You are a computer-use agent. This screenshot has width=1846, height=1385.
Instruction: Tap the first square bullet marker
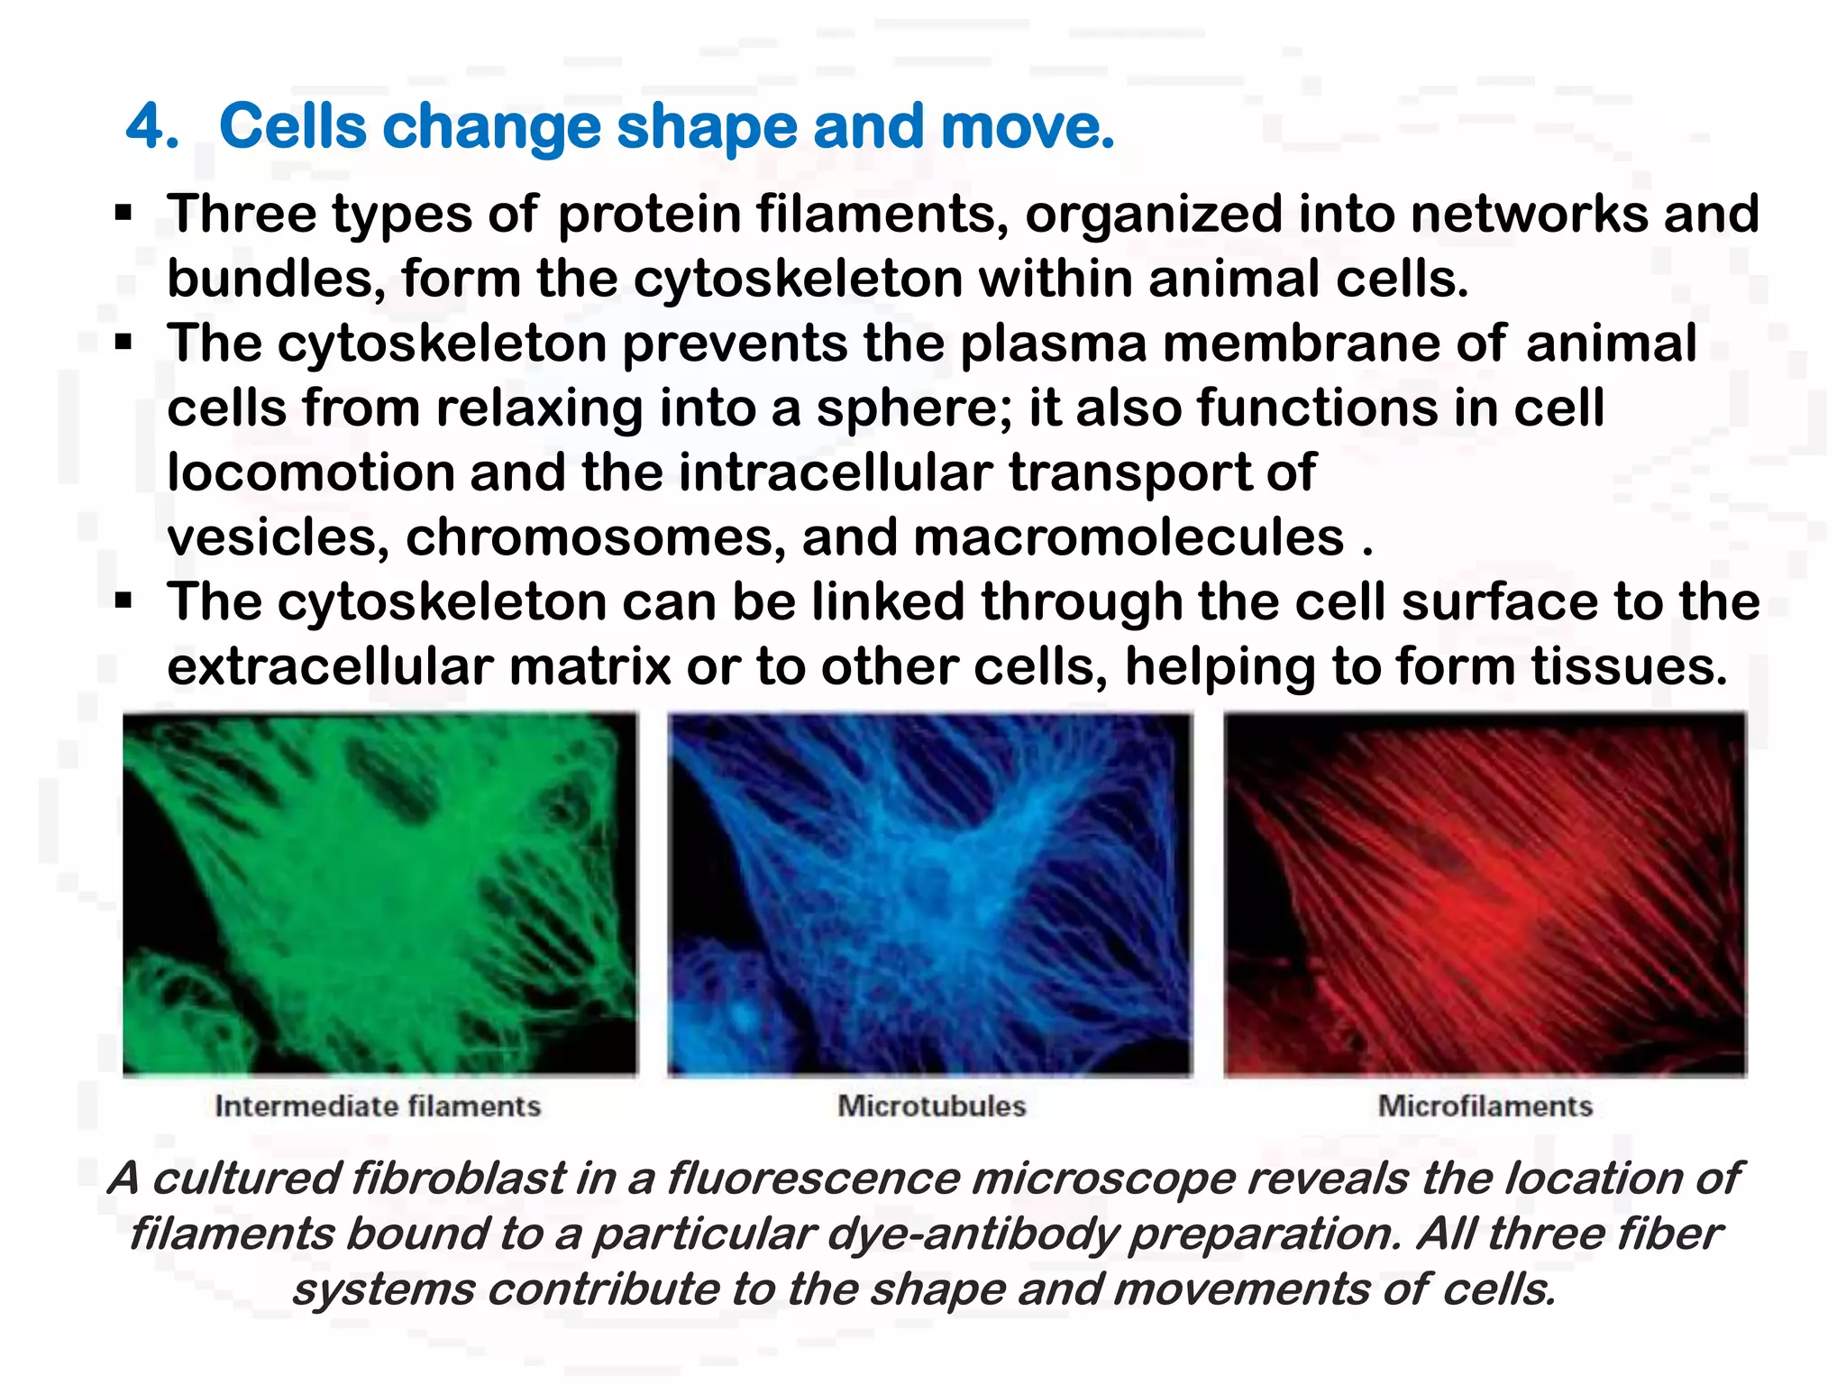point(123,214)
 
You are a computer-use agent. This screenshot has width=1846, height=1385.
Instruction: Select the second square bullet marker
point(123,344)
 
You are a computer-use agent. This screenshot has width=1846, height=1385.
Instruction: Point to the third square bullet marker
point(123,601)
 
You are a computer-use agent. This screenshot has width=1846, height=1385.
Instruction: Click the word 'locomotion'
point(310,472)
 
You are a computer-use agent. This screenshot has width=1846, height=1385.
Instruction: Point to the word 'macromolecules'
point(1129,537)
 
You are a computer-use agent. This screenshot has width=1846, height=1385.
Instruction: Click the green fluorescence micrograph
point(379,893)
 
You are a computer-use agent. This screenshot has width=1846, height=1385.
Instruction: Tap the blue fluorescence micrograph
point(929,893)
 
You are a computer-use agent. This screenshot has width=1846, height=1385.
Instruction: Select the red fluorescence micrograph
point(1485,893)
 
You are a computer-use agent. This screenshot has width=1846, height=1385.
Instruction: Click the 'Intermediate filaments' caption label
point(378,1106)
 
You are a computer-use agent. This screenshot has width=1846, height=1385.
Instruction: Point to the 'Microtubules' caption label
point(932,1106)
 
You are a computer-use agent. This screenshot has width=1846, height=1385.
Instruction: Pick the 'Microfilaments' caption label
point(1485,1106)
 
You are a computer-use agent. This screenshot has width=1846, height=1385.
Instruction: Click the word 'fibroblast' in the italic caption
point(458,1179)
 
